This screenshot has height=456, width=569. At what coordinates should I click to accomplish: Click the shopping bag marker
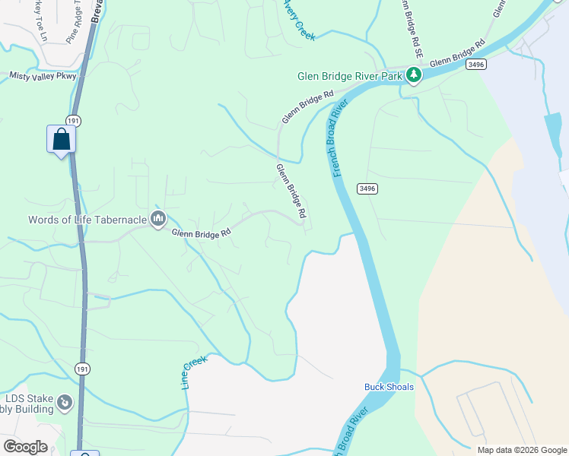(61, 141)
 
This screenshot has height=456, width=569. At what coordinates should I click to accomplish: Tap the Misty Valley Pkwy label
(43, 76)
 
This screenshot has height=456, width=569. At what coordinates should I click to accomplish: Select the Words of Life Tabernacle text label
(87, 220)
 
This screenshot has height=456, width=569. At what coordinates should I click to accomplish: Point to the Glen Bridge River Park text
(349, 75)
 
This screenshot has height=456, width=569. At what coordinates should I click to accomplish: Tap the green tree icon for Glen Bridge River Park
(413, 74)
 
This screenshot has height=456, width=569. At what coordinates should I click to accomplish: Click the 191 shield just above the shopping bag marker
(73, 120)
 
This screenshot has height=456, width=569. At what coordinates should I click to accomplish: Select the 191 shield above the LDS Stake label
(83, 369)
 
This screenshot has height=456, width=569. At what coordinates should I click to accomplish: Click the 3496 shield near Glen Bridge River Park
(476, 66)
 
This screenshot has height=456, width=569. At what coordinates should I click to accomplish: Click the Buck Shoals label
(389, 387)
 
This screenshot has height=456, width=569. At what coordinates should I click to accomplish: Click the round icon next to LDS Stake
(65, 401)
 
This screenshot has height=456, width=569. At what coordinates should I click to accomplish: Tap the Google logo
(25, 447)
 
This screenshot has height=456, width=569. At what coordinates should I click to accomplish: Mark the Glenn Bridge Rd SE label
(414, 31)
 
